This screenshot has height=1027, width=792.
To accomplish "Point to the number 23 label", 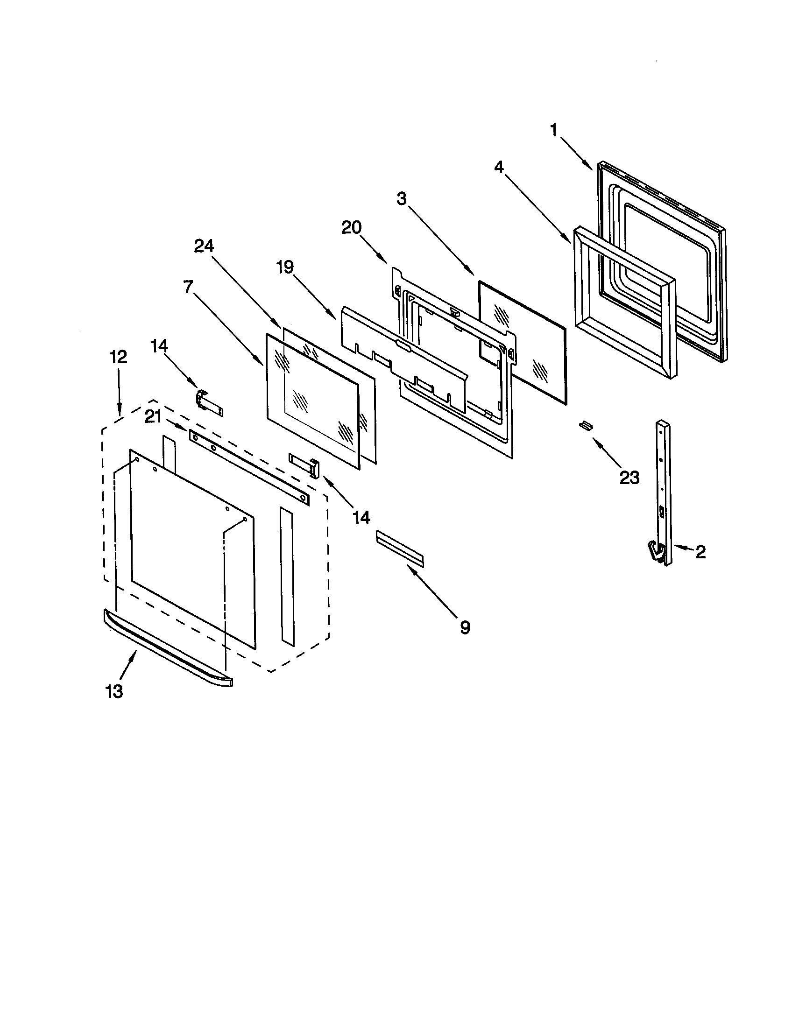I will (x=629, y=478).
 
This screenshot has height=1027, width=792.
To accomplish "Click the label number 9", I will (x=465, y=627).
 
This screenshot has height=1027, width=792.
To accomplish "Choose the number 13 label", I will (x=114, y=691).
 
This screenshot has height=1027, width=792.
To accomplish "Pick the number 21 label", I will (x=153, y=416).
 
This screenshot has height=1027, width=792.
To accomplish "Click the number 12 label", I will (x=118, y=358).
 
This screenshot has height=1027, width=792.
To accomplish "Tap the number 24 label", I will (x=204, y=246).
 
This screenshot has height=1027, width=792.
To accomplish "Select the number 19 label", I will (x=285, y=267).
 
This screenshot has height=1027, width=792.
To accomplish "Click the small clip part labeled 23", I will (x=585, y=425).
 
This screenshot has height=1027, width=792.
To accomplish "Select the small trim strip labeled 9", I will (x=399, y=548).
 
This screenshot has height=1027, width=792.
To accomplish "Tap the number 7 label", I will (x=188, y=287).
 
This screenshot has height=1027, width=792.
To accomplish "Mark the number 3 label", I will (x=401, y=199).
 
